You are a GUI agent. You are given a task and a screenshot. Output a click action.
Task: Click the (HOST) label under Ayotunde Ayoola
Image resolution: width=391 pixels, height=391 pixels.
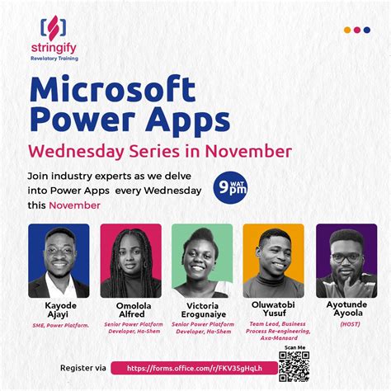346,325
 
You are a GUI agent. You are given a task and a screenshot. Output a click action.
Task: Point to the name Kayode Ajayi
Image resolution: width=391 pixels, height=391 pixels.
58,311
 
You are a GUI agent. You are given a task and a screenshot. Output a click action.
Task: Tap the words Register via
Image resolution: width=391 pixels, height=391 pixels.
83,367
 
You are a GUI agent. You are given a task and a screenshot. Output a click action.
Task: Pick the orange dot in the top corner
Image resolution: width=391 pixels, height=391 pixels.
346,30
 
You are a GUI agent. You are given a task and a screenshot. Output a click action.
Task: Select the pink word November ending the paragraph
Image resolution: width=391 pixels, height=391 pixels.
74,205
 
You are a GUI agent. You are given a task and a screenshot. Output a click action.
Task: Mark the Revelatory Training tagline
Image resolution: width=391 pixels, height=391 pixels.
54,59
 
